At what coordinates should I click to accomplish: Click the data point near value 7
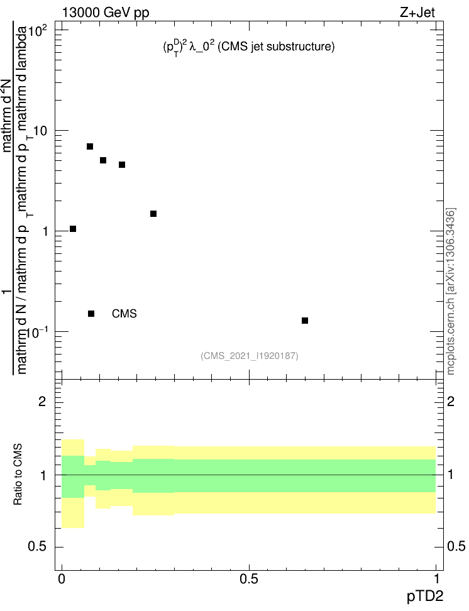click(90, 146)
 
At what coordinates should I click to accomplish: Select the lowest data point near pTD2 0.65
click(305, 321)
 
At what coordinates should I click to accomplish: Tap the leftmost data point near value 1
click(73, 229)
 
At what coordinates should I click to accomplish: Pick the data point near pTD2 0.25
click(153, 214)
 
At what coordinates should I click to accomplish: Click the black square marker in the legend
click(91, 314)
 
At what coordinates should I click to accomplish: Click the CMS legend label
click(124, 314)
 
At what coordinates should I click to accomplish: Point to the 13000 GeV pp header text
click(106, 12)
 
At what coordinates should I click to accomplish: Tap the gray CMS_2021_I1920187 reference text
click(249, 356)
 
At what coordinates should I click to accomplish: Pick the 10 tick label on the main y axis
click(41, 130)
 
